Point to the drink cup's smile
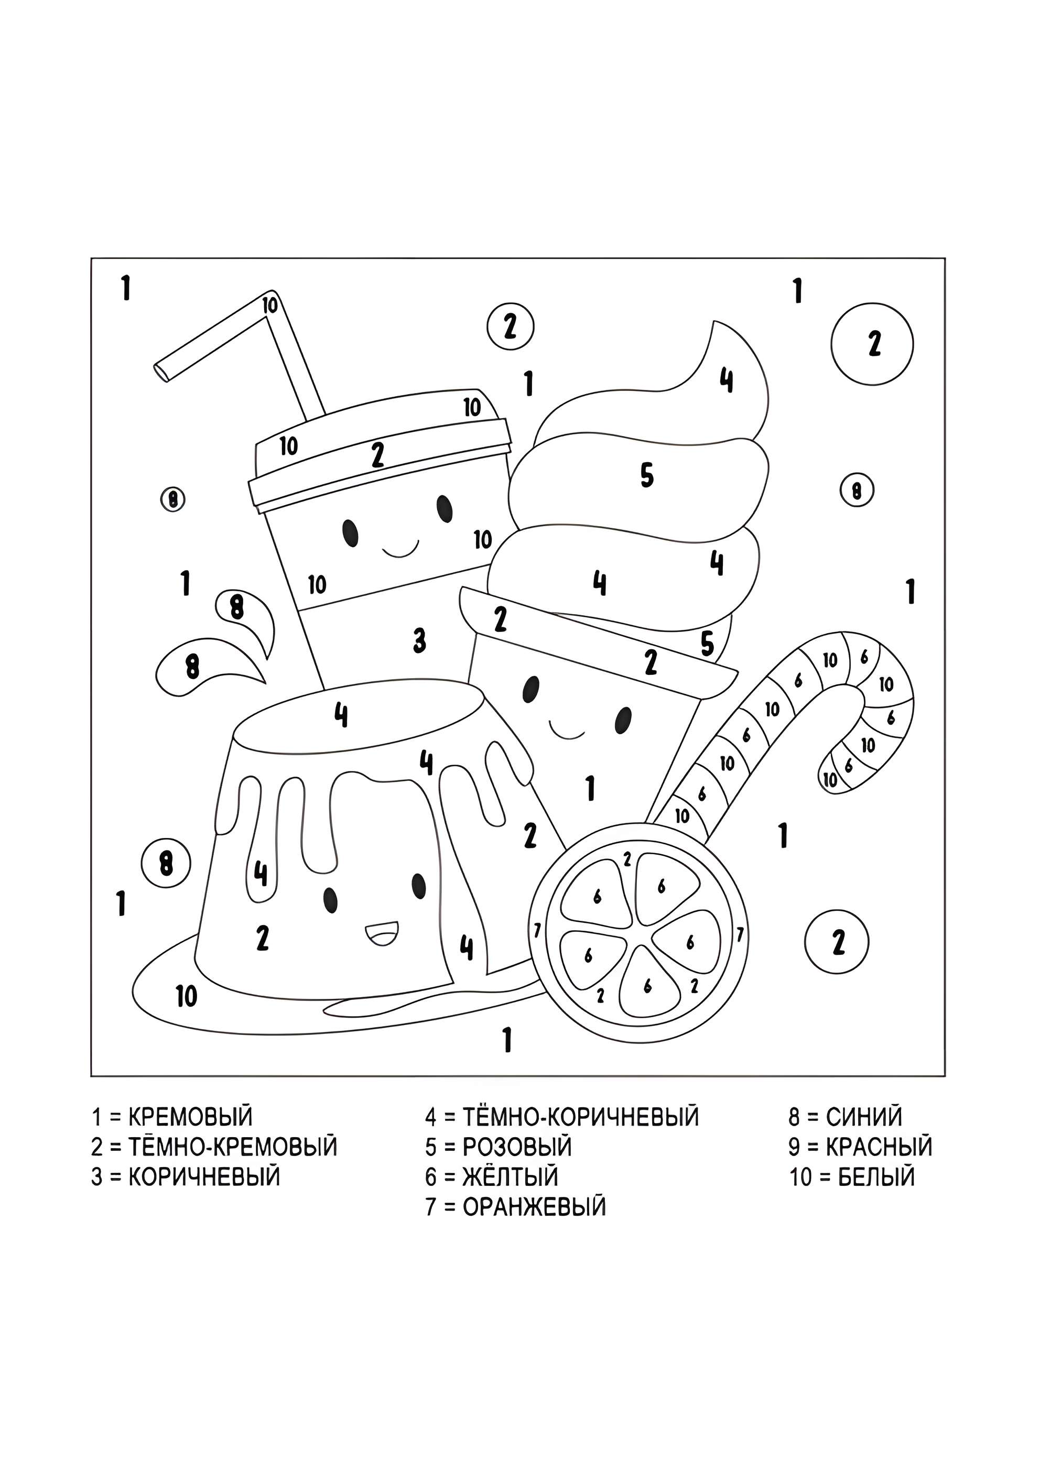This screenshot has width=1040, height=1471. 400,549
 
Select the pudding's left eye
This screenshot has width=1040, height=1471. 331,899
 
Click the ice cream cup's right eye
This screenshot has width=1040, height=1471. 622,720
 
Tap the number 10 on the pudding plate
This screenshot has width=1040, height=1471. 187,996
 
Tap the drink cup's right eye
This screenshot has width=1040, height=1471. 444,509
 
